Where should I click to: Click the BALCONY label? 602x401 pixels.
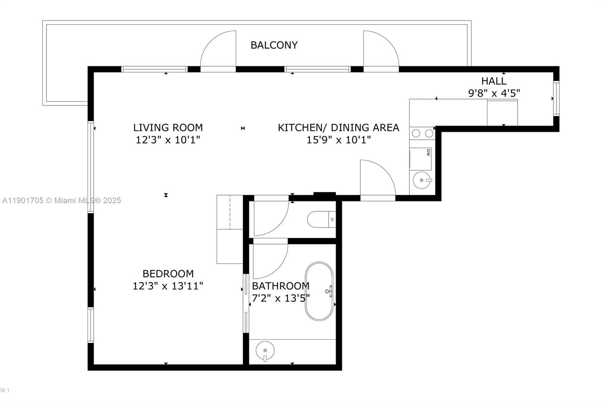(x=274, y=45)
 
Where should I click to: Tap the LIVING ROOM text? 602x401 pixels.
(x=168, y=128)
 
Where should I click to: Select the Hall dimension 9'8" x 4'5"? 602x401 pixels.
(x=494, y=93)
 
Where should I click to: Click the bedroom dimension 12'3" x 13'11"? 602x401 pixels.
(x=168, y=286)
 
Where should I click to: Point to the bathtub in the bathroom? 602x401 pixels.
(x=319, y=291)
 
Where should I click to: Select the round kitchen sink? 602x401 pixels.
(x=422, y=180)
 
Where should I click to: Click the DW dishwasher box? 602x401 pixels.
(x=421, y=159)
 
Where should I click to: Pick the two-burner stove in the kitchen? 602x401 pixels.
(x=422, y=133)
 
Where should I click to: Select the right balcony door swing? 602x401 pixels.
(x=380, y=51)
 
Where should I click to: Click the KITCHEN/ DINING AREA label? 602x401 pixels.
(x=338, y=128)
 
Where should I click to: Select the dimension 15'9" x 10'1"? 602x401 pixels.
(x=338, y=140)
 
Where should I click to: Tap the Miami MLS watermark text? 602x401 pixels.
(x=62, y=200)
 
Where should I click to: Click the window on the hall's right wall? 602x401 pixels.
(x=556, y=98)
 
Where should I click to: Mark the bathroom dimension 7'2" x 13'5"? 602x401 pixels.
(x=281, y=298)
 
